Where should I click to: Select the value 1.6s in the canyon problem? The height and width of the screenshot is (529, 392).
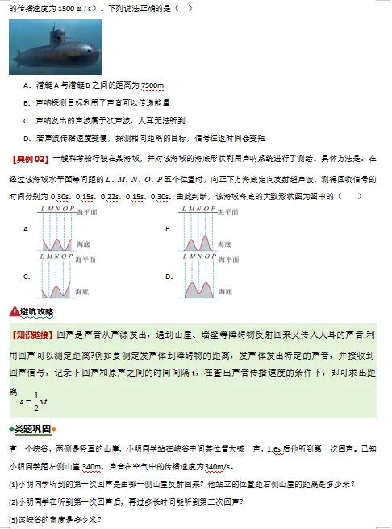(273, 448)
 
